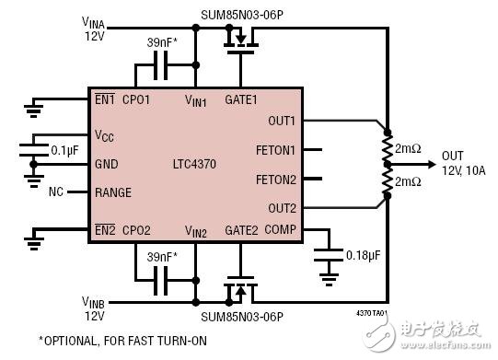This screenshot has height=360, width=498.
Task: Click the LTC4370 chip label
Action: pos(195,165)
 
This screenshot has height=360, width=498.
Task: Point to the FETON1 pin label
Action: pos(277,148)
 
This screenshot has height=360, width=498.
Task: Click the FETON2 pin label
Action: pos(277,180)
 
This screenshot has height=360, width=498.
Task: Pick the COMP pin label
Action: pos(282,230)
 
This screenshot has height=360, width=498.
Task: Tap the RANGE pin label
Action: pos(112,193)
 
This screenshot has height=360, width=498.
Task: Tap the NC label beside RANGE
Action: pos(56,193)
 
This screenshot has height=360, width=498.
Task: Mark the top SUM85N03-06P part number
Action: pos(241,16)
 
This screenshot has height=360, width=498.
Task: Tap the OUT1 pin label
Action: pos(281,120)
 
